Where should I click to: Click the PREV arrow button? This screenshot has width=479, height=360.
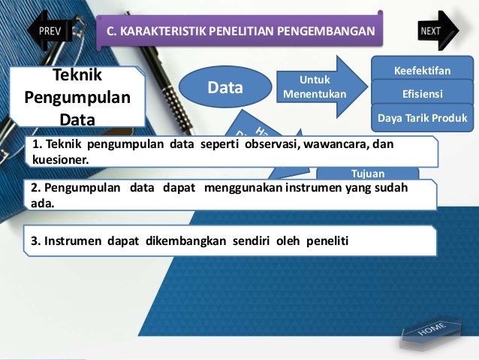point(50,31)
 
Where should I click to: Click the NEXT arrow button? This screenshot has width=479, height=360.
point(433,31)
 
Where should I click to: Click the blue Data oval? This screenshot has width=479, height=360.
point(226,88)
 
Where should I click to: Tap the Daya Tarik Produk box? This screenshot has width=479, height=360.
point(420,118)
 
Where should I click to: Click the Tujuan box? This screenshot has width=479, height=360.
point(368,174)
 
